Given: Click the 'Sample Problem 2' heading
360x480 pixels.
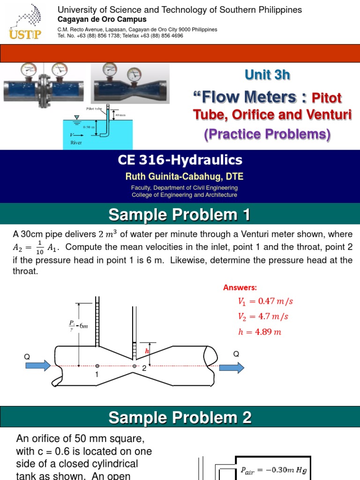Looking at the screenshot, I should [x=180, y=417].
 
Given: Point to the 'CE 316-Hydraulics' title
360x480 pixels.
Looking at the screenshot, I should [x=180, y=160].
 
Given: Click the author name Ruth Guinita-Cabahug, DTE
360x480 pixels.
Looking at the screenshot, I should [x=184, y=176].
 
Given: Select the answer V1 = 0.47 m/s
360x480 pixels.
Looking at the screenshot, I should [x=266, y=301].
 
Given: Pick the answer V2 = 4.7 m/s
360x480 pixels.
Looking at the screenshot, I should [x=263, y=316].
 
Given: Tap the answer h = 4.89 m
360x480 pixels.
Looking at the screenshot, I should [x=259, y=332].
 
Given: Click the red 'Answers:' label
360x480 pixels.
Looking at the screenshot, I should [x=240, y=287].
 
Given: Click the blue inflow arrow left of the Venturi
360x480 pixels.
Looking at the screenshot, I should [x=40, y=365].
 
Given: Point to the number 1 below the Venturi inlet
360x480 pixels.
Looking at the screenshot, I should [x=97, y=375].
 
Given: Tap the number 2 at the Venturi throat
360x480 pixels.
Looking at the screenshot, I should [x=144, y=369].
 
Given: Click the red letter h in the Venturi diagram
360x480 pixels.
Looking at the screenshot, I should [x=147, y=351].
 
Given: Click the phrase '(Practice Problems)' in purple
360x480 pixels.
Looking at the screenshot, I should [x=267, y=135].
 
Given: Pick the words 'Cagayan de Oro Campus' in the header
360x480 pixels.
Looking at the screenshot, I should [x=102, y=20].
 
